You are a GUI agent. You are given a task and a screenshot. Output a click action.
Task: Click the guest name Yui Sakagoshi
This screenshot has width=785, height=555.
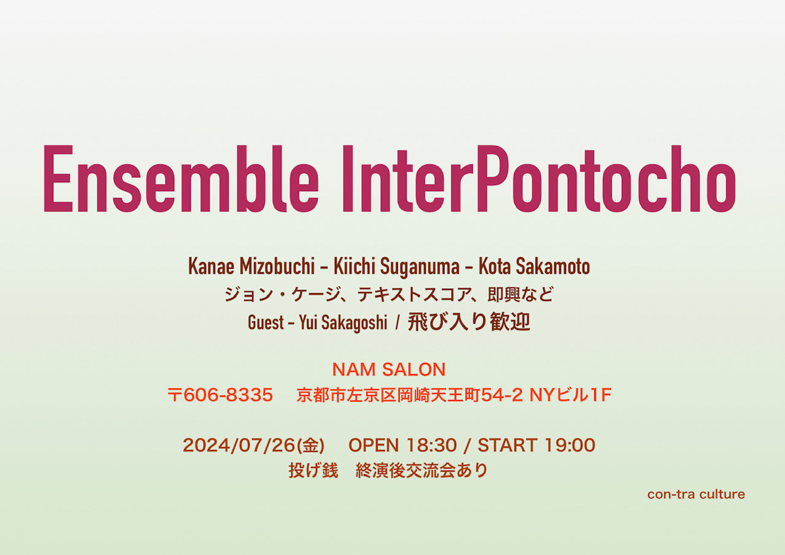[343, 323]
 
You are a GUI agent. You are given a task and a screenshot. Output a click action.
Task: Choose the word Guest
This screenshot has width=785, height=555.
[266, 323]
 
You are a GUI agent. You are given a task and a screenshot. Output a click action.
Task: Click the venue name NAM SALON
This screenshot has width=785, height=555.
[389, 370]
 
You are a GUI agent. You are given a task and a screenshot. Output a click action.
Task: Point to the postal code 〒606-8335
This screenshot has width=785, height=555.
[220, 395]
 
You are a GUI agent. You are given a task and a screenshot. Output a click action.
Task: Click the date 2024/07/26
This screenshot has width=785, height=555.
[239, 446]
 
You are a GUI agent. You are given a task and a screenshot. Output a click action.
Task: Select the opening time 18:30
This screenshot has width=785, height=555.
[430, 446]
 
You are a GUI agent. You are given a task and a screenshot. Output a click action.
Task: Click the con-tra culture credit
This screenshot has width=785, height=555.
[696, 494]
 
